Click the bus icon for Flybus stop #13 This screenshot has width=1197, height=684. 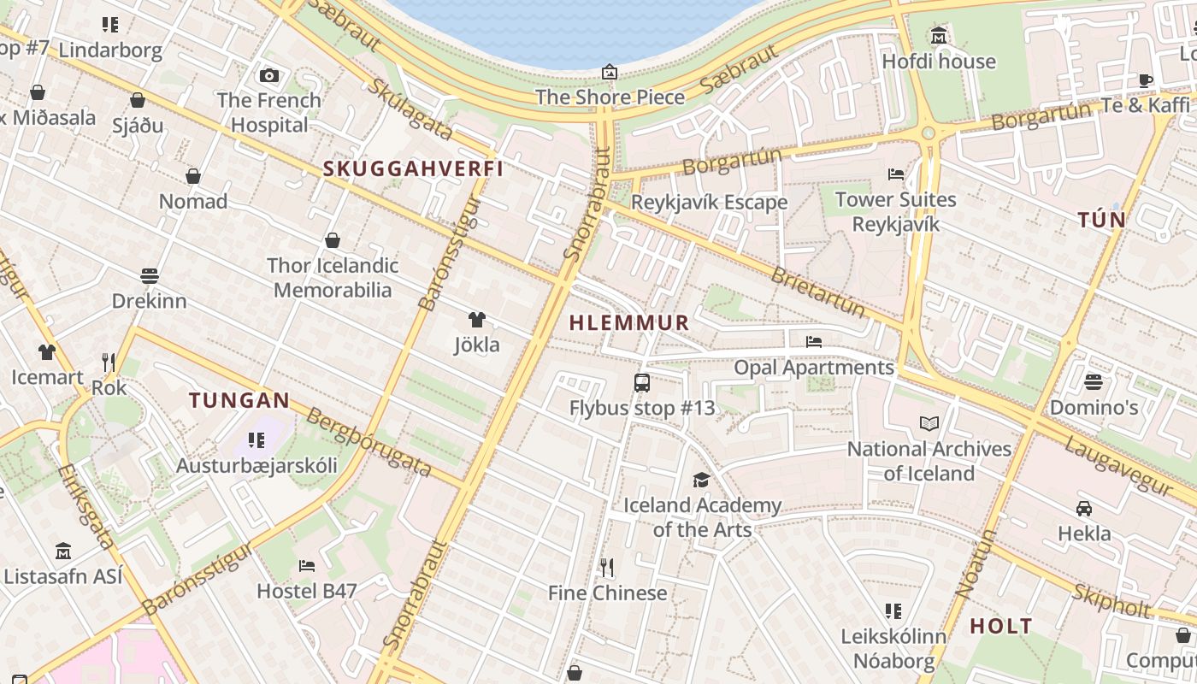click(x=642, y=383)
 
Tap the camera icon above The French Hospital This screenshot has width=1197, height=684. click(x=269, y=76)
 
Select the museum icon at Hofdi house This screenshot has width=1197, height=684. click(x=939, y=36)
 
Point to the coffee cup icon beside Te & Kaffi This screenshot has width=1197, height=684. click(x=1145, y=80)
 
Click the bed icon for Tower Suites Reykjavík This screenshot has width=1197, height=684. click(x=896, y=174)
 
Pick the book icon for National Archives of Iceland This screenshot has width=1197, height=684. click(x=929, y=423)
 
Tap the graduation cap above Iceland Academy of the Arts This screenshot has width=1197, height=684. click(x=702, y=480)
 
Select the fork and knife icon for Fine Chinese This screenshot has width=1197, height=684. click(x=607, y=567)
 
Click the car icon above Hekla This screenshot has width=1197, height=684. click(x=1084, y=509)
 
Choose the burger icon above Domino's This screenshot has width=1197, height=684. click(x=1094, y=381)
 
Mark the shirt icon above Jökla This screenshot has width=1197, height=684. click(x=477, y=320)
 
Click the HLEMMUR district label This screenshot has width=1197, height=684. click(x=628, y=322)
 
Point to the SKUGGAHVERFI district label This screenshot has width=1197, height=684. click(x=413, y=168)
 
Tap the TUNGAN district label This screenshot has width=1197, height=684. click(x=239, y=400)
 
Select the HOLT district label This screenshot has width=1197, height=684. click(x=1001, y=626)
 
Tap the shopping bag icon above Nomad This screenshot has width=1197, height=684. click(x=193, y=176)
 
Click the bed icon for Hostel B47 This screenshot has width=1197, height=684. click(x=307, y=566)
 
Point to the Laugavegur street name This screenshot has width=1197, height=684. click(x=1117, y=467)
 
